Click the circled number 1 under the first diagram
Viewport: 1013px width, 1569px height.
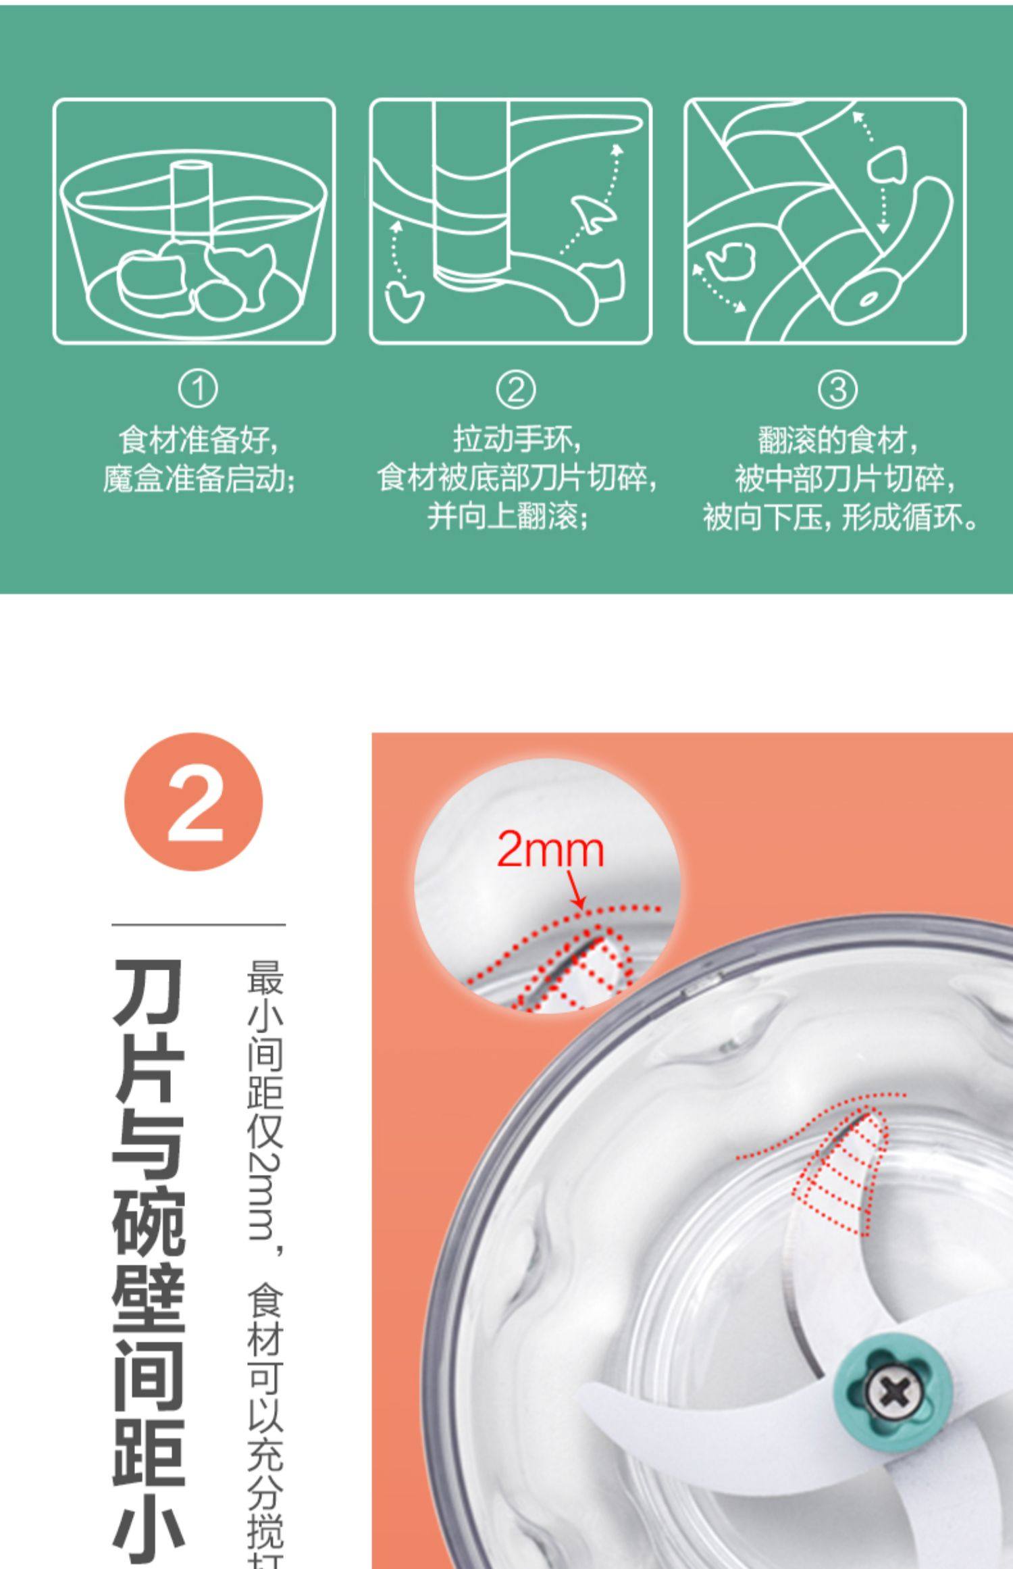(198, 389)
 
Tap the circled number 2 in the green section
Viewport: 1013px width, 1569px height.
(516, 389)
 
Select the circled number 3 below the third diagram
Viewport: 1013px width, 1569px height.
(837, 389)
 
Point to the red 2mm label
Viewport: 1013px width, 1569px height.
(550, 850)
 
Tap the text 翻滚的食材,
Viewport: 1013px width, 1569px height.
(837, 441)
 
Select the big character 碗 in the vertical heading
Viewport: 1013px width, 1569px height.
(148, 1224)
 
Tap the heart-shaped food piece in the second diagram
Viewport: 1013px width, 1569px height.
(404, 301)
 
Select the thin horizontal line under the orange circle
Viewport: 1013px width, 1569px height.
(199, 924)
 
